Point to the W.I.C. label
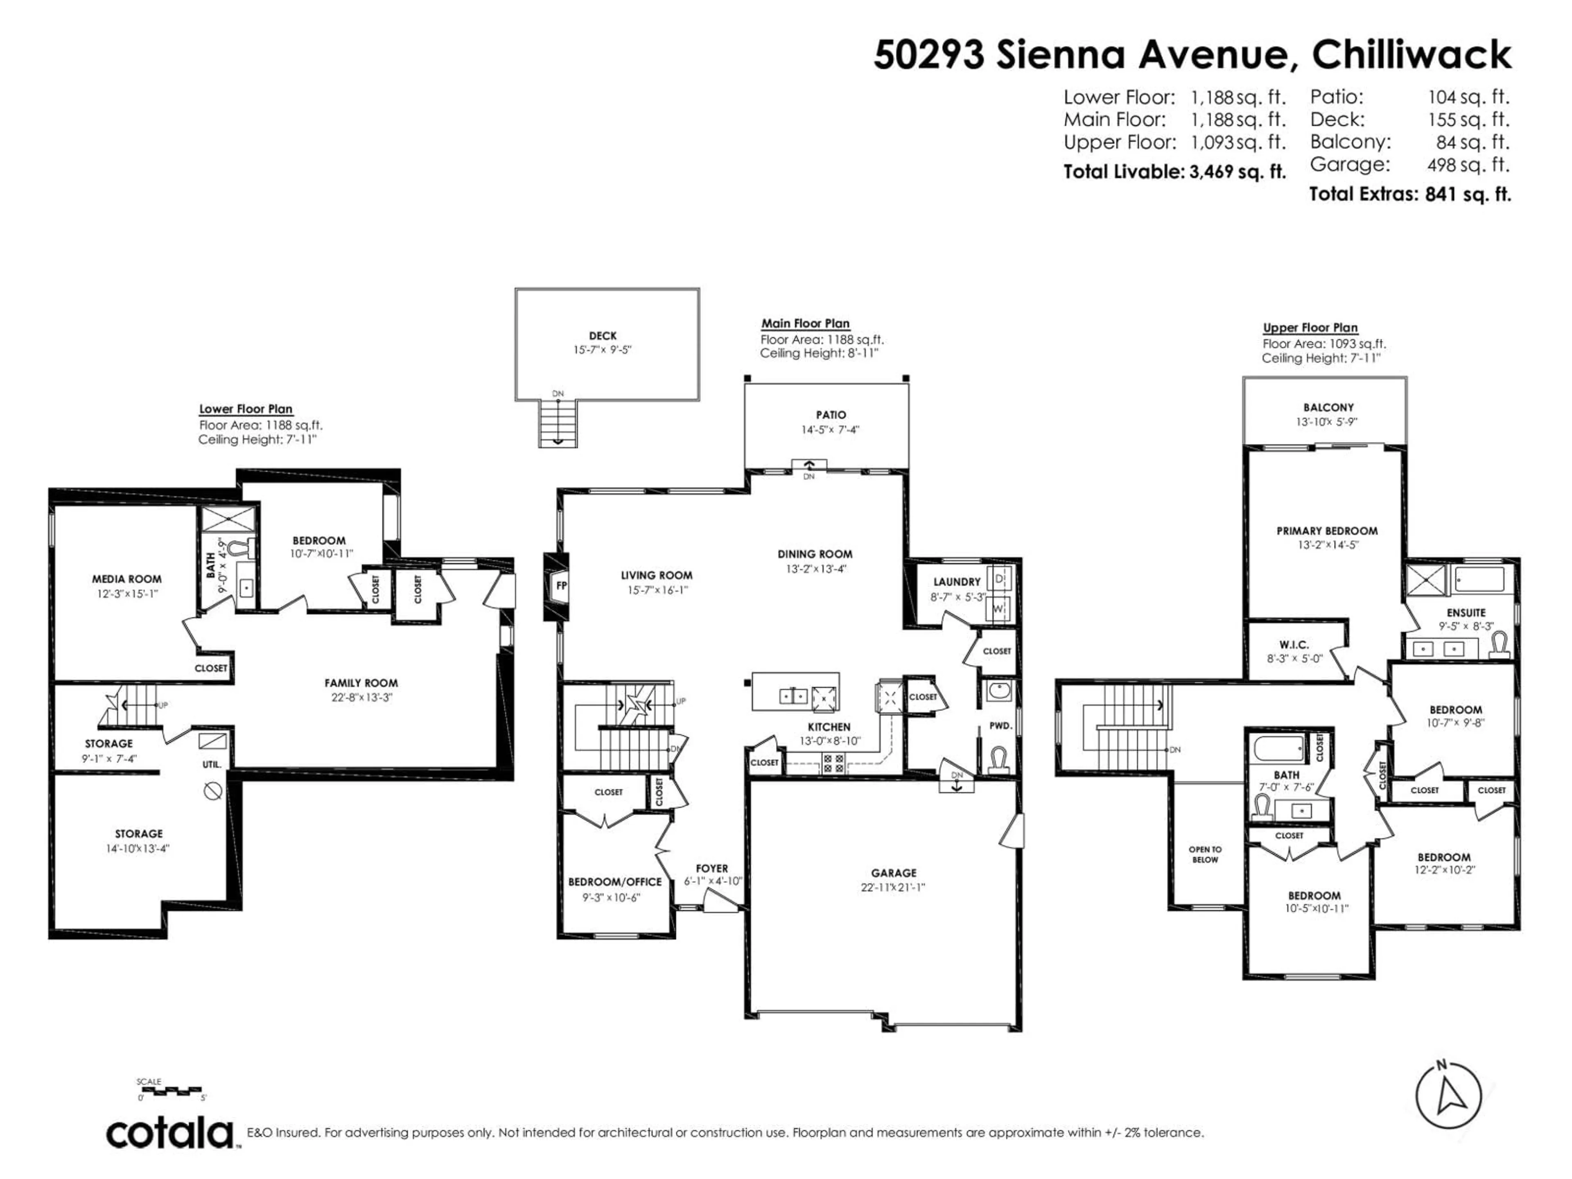coord(1293,645)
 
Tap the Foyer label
coord(711,868)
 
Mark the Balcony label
coord(1328,407)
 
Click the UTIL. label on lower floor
coord(212,765)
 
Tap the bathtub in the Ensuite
coord(1479,579)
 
